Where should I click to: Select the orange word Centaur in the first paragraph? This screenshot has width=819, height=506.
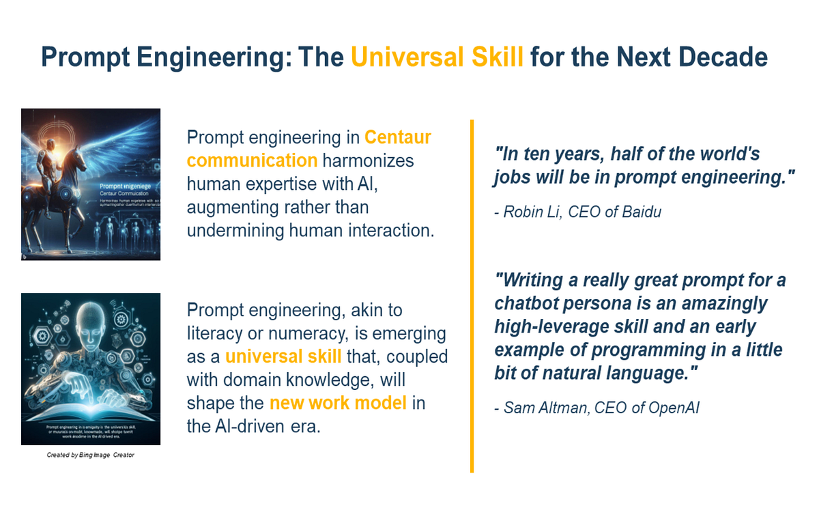coord(398,137)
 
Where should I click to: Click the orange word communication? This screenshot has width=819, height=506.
coord(252,160)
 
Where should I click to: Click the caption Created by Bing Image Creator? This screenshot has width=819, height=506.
coord(86,454)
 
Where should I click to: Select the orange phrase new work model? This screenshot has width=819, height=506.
coord(338,403)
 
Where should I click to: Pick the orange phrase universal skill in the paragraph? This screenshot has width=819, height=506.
coord(283,356)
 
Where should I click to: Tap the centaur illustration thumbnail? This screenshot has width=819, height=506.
coord(91,184)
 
